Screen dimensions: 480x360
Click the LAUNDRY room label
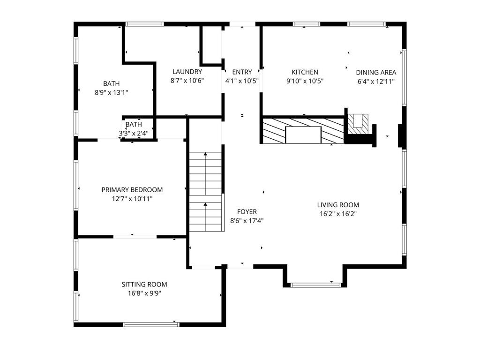tap(187, 72)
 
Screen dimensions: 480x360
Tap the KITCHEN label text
tap(305, 72)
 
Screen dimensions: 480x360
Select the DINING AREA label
tap(376, 73)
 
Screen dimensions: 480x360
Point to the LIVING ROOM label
tap(338, 205)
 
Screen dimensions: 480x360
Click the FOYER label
tap(247, 211)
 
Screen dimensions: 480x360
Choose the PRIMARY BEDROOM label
tap(132, 190)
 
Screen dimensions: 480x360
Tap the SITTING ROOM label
tap(144, 285)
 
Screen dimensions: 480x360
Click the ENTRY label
tap(242, 72)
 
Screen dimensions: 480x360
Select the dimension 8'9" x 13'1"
tap(111, 92)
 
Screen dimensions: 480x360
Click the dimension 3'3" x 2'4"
tap(134, 134)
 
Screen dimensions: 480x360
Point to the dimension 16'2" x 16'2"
tap(338, 214)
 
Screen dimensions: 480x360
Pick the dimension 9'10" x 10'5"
tap(305, 81)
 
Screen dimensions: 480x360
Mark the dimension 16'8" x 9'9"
tap(144, 293)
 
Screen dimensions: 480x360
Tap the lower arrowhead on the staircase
tap(205, 204)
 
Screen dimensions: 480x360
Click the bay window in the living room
tap(315, 285)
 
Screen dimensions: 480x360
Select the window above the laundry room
tap(144, 24)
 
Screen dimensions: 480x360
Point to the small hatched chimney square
tap(358, 124)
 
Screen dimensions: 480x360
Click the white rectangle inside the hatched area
tap(303, 135)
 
